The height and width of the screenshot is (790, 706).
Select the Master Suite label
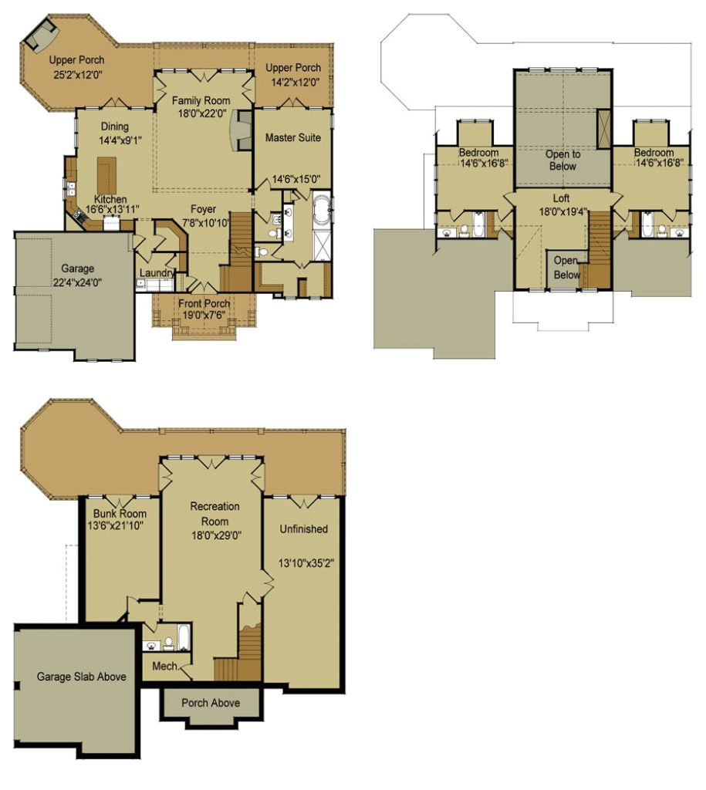[293, 137]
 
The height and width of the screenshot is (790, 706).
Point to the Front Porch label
[204, 303]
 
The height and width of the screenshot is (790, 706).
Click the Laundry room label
[157, 273]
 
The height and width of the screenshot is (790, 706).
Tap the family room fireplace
[243, 130]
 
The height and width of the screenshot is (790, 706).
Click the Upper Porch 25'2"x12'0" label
[76, 60]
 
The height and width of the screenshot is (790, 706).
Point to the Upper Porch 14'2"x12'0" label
[293, 68]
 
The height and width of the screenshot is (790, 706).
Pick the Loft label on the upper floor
[562, 198]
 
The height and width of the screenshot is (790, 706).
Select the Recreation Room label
[215, 513]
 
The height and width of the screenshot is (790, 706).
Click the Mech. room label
[165, 666]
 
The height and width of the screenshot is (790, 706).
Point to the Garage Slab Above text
[81, 677]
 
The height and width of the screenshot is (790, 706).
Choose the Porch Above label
[210, 703]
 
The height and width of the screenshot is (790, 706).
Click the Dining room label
[114, 127]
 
